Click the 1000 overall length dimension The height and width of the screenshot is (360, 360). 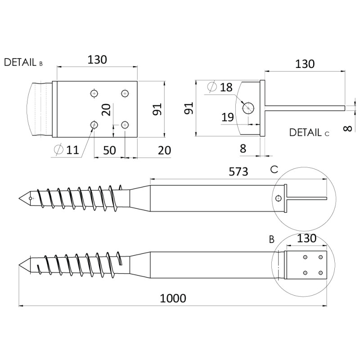point(173,298)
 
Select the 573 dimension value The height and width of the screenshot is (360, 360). point(238,171)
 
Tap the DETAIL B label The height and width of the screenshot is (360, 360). point(23,63)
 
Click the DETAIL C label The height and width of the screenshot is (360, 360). point(309,133)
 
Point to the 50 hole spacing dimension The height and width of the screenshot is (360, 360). point(109,150)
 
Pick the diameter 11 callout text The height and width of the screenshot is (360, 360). point(67,150)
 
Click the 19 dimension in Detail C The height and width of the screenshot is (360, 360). point(228,117)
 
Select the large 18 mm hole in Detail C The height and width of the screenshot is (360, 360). point(248,108)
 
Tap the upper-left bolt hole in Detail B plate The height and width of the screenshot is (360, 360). point(94,94)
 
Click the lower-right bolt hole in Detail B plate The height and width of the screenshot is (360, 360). point(125,125)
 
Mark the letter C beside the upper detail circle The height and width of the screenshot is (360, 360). point(274,170)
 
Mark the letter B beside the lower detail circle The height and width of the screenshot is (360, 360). point(272,239)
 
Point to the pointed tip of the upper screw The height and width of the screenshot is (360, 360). point(18,198)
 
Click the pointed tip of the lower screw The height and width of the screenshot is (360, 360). point(18,266)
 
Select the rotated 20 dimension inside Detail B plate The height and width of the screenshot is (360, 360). point(106,110)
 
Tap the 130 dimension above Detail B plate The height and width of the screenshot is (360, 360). point(97,59)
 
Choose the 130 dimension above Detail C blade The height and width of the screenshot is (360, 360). point(305,64)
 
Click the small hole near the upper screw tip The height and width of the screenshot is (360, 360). point(31,198)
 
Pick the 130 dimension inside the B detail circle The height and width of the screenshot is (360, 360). point(307,238)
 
